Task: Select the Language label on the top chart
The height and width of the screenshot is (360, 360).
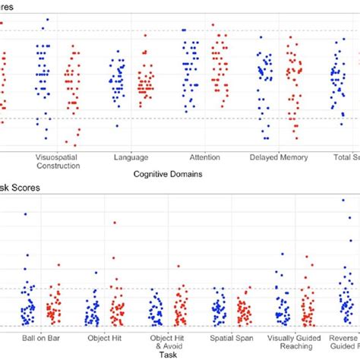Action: (131, 157)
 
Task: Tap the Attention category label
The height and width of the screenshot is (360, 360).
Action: (204, 157)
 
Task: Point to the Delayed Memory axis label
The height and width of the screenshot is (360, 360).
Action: (278, 157)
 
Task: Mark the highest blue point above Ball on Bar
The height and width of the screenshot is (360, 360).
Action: (26, 215)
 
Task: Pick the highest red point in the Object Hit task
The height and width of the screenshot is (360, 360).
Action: (115, 223)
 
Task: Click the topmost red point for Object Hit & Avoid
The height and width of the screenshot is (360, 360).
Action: (178, 267)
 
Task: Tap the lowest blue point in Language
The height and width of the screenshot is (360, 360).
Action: (116, 126)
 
